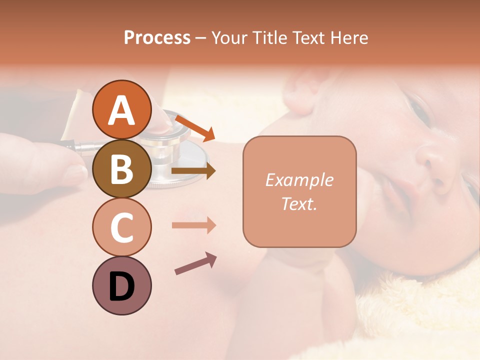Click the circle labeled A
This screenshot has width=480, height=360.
click(x=121, y=109)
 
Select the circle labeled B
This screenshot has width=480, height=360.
click(x=121, y=168)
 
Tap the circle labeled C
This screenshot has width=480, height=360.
click(x=121, y=227)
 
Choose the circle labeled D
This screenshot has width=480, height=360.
click(x=121, y=285)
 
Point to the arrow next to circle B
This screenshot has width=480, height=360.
click(x=193, y=171)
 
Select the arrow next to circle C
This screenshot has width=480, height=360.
click(x=193, y=225)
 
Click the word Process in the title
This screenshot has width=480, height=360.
click(x=157, y=38)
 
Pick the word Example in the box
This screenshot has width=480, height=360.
click(x=299, y=180)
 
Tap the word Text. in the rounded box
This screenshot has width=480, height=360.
click(x=299, y=203)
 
